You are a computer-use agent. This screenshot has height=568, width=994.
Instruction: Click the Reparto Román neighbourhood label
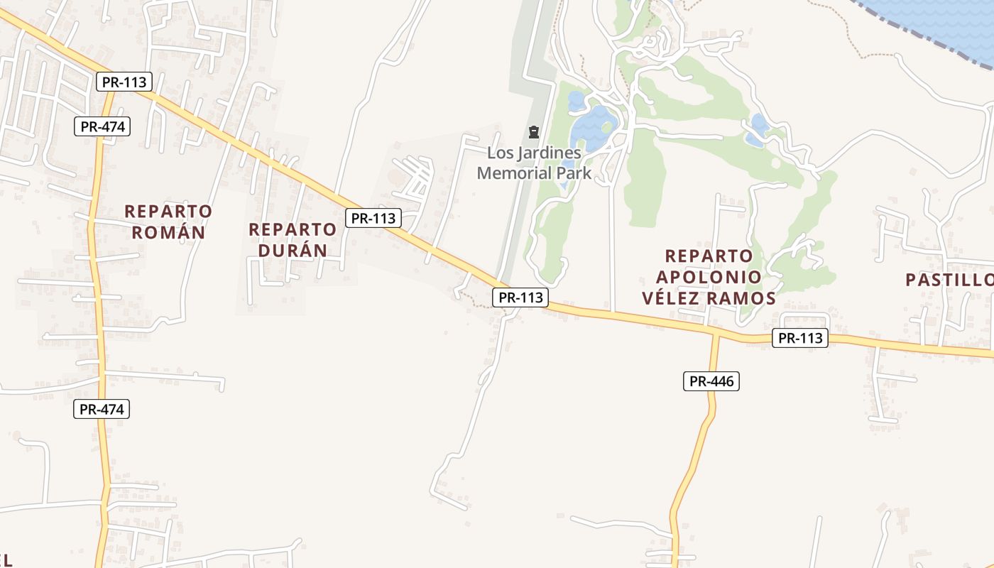[x=168, y=222]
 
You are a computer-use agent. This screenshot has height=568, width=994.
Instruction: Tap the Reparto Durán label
[x=292, y=239]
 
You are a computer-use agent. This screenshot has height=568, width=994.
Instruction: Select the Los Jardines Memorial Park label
[x=534, y=163]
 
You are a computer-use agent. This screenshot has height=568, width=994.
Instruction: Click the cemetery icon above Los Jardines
[x=533, y=132]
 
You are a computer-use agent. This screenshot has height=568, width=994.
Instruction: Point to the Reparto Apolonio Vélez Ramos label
[x=709, y=277]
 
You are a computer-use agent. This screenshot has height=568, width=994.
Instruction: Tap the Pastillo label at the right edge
[x=950, y=280]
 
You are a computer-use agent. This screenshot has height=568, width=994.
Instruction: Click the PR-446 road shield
[x=711, y=381]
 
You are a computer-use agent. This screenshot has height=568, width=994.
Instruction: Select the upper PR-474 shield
[x=102, y=127]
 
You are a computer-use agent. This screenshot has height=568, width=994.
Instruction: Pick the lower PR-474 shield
[x=102, y=409]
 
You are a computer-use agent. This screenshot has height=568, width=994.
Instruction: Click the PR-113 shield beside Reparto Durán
[x=373, y=218]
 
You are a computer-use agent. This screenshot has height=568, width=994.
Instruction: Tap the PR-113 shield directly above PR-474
[x=124, y=82]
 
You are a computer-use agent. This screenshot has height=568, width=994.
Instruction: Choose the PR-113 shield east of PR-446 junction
[x=800, y=338]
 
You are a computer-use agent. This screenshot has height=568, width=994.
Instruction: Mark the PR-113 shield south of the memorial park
[x=520, y=297]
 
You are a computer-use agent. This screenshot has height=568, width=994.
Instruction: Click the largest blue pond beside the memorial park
[x=593, y=126]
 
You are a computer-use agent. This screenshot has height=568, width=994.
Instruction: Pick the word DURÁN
[x=292, y=250]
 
